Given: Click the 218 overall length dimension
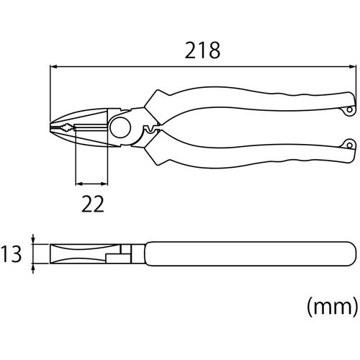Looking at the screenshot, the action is coord(202,50).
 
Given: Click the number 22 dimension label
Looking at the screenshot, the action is coord(93,204).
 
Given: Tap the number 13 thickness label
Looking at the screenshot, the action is coord(11,253).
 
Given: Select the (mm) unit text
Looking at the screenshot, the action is coord(333,307).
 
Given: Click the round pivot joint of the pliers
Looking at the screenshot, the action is coord(120,127).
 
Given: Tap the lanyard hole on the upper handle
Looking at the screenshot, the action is coord(350,110).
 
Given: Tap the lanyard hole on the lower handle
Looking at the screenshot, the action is coord(350,145).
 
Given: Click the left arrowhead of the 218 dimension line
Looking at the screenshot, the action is coord(53,67).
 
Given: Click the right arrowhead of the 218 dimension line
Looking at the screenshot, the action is coord(352,67).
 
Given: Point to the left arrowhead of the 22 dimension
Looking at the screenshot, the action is coord(79,184).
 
